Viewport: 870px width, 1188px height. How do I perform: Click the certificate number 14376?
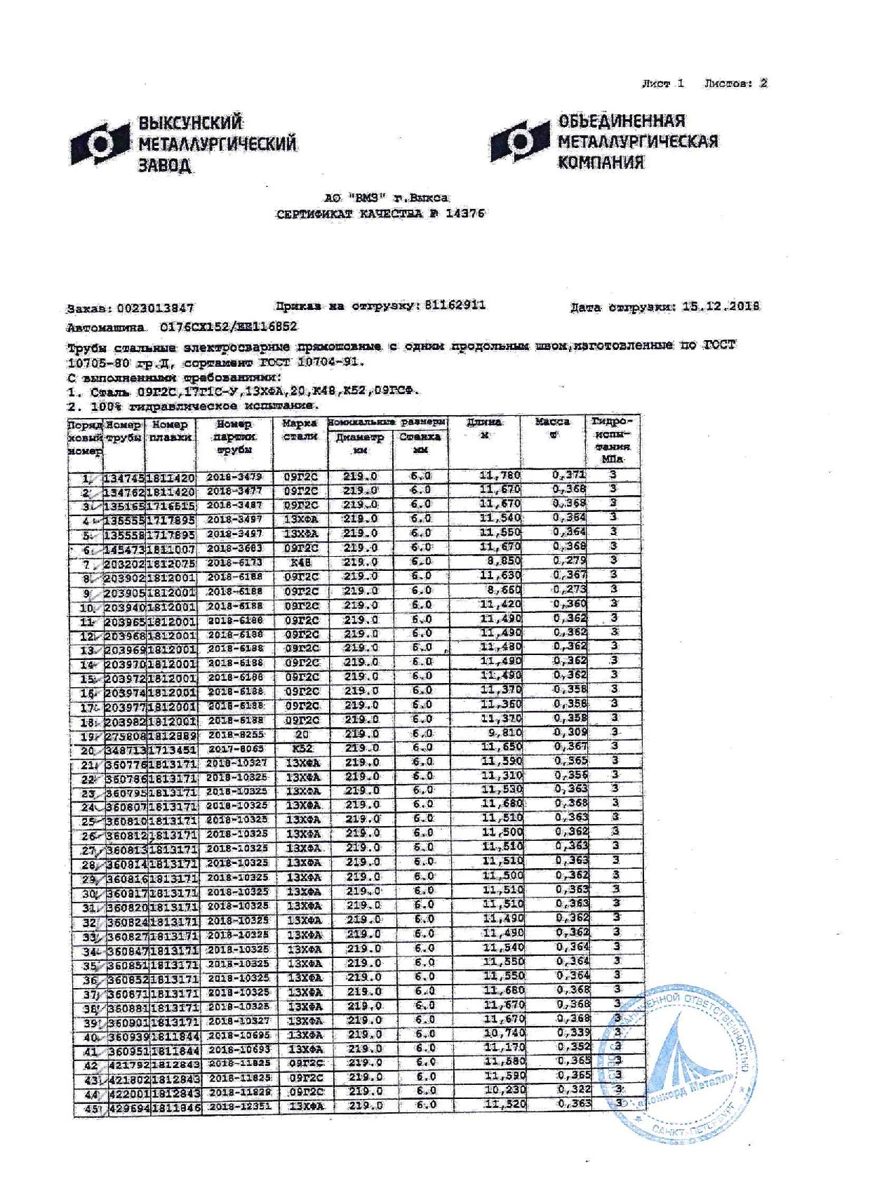(x=464, y=213)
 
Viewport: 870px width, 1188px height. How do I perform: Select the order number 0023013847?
(x=155, y=308)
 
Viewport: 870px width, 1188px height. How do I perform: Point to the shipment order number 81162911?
(x=455, y=305)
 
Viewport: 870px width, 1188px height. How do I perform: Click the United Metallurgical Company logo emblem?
(x=520, y=141)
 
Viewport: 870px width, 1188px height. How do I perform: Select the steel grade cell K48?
(x=300, y=562)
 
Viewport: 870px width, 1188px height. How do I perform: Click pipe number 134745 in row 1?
(x=124, y=478)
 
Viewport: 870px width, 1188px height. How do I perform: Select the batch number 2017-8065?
(x=236, y=749)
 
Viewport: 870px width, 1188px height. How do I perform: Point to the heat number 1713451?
(x=172, y=750)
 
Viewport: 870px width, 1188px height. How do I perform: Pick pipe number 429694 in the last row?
(x=128, y=1107)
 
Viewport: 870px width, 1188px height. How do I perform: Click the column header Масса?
(x=552, y=422)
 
